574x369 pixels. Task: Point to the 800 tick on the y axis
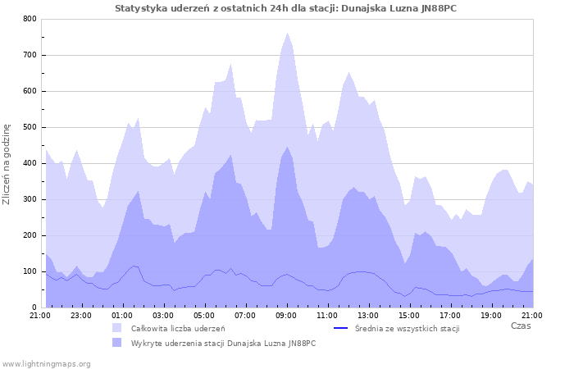click(30, 19)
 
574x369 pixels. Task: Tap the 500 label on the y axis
click(30, 127)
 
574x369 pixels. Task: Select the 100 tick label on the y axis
click(30, 271)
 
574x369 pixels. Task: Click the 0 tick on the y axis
click(34, 307)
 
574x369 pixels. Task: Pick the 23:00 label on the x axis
click(80, 315)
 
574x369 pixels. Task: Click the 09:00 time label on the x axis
click(286, 315)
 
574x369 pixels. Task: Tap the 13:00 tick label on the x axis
click(368, 315)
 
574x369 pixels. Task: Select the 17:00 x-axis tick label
click(450, 315)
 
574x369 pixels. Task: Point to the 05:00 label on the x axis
click(204, 315)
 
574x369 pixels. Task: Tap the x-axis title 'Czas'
click(520, 326)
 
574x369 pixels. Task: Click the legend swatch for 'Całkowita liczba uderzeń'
click(116, 328)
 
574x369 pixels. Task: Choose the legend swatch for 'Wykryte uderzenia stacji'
click(116, 343)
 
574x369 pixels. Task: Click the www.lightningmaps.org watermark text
click(46, 363)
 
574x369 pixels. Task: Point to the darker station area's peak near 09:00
click(287, 148)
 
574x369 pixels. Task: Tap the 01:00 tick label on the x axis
click(121, 315)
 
